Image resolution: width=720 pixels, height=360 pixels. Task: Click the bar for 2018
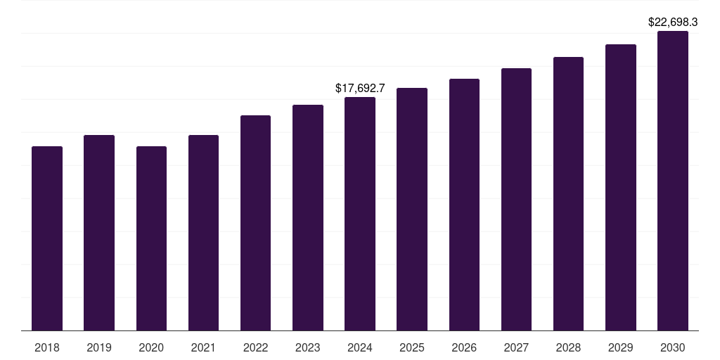pos(47,238)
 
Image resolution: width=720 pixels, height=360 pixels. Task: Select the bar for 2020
pos(151,238)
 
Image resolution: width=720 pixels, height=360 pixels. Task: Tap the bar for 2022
pos(255,223)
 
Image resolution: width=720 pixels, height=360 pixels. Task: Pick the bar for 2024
pos(360,214)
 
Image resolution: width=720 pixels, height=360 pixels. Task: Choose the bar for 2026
pos(464,205)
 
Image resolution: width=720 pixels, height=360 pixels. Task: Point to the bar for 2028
pos(568,193)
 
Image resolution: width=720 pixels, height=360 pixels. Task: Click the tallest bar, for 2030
pos(673,181)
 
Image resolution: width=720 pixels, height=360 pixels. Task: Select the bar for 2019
pos(99,233)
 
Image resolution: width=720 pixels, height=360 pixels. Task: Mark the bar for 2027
pos(516,199)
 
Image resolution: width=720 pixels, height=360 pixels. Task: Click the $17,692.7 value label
pos(360,89)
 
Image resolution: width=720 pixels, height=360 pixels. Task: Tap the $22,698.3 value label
pos(673,22)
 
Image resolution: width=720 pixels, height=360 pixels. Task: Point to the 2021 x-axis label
pos(203,347)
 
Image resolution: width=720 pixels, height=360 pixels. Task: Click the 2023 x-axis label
pos(307,347)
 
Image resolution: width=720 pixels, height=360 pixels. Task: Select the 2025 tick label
pos(412,347)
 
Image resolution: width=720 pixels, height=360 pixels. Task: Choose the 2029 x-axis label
pos(621,347)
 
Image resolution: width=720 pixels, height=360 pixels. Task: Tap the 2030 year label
pos(673,347)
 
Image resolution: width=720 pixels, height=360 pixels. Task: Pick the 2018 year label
pos(47,347)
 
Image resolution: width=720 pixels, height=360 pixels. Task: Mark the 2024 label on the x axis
pos(360,347)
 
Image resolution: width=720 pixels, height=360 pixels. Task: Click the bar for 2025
pos(412,209)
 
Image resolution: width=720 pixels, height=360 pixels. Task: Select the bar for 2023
pos(307,217)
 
